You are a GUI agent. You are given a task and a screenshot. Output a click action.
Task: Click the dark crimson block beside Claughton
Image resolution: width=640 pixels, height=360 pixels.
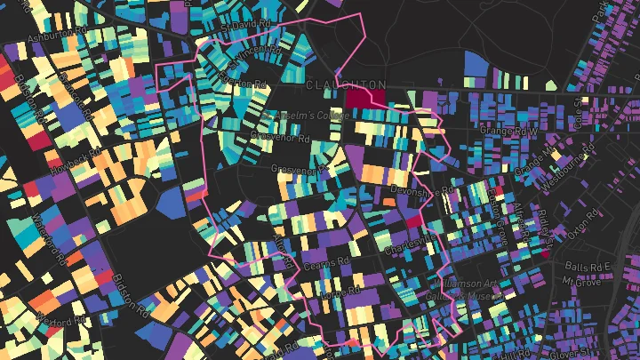point(365,97)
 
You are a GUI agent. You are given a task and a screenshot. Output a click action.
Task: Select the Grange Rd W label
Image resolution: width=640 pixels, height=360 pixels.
point(510,131)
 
